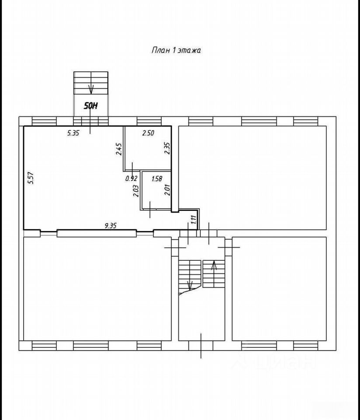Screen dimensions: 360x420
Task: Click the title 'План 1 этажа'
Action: pos(176,50)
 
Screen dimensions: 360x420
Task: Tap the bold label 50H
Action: pos(91,106)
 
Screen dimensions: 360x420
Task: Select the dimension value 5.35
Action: pos(73,133)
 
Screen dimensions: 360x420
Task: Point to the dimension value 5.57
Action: pos(31,178)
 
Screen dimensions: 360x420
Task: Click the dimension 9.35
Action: pos(110,226)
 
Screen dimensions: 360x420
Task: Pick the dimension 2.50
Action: pos(148,133)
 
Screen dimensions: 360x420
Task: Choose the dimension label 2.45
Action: pos(119,149)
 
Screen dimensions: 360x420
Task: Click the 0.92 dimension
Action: pos(131,178)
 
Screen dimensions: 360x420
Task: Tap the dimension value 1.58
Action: pos(157,179)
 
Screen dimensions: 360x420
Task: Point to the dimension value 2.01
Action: pos(168,190)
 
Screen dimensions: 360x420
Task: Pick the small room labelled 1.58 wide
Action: pos(157,190)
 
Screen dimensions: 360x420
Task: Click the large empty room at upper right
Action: pos(252,178)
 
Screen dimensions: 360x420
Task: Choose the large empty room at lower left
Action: pos(98,289)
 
